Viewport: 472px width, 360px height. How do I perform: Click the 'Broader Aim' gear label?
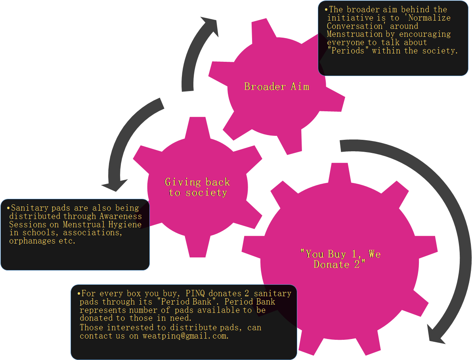277,86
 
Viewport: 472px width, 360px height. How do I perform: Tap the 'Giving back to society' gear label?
197,187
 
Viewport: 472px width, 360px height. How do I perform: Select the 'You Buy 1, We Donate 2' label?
340,259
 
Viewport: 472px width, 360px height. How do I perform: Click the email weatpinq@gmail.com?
185,336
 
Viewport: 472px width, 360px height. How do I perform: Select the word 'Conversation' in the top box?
357,26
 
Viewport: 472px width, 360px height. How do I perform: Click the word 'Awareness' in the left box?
120,216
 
